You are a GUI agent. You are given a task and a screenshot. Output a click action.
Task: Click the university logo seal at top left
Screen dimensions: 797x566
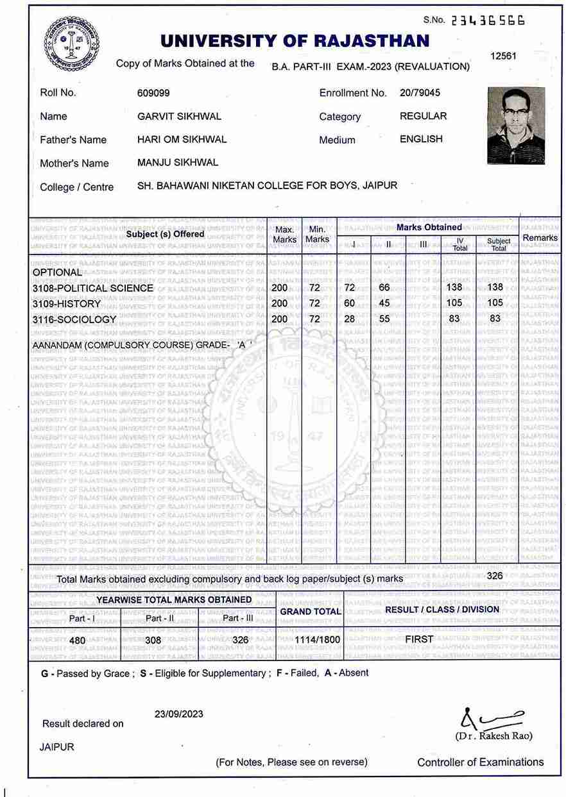tap(71, 44)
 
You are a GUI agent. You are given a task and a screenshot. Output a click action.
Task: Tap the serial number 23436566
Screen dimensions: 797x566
tap(488, 20)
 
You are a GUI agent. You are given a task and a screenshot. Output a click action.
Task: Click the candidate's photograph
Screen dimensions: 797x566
tap(516, 126)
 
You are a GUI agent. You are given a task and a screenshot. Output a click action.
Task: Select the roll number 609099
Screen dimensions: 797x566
tap(153, 93)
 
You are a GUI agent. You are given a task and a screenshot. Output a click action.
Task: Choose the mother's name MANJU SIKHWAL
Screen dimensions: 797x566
tap(178, 162)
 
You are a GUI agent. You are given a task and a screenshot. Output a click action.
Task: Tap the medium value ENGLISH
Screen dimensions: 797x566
tap(421, 139)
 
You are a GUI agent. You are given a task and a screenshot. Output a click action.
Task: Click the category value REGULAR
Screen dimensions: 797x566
tap(423, 116)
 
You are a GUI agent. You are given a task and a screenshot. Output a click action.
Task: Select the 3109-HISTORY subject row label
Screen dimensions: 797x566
tap(66, 303)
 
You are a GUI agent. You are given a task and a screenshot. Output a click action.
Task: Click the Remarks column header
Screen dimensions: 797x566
tap(540, 237)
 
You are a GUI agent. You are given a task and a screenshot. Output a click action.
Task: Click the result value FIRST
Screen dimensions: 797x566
tap(419, 639)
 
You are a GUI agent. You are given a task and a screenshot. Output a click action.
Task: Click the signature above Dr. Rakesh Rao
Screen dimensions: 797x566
tap(493, 717)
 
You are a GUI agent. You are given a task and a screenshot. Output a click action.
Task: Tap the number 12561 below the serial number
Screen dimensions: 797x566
tap(503, 56)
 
